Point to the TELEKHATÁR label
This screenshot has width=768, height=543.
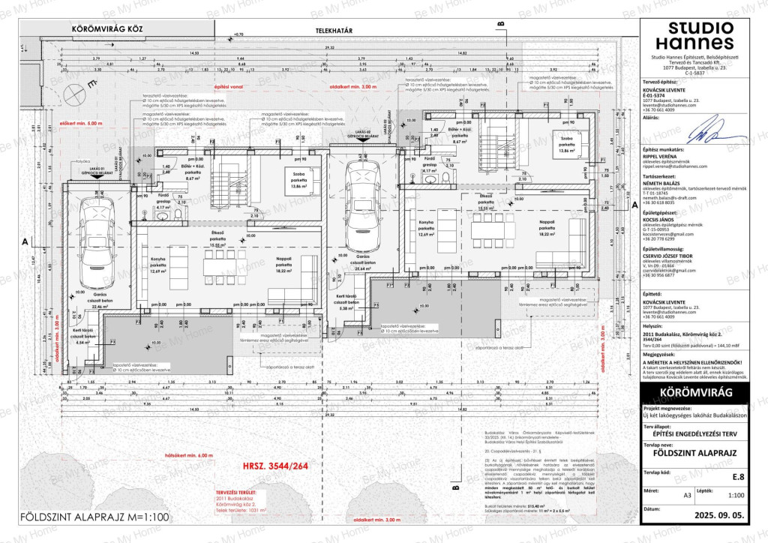point(336,31)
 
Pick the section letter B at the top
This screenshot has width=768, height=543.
point(499,24)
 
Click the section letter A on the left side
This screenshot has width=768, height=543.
point(25,242)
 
